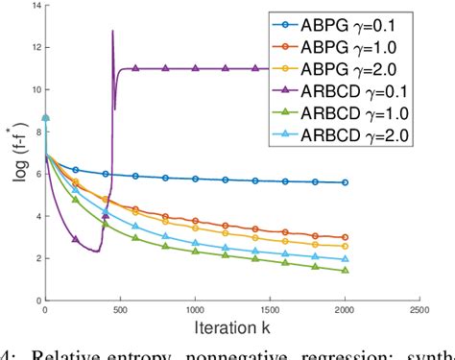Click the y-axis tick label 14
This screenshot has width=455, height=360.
coord(36,6)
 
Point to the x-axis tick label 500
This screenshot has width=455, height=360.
coord(120,311)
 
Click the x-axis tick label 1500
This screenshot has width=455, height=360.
coord(270,311)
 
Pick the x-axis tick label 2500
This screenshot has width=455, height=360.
coord(419,311)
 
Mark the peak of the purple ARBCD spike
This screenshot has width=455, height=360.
coord(112,31)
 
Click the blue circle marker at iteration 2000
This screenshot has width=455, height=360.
coord(345,182)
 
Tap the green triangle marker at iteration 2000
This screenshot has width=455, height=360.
coord(345,270)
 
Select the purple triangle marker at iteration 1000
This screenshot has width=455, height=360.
coord(195,68)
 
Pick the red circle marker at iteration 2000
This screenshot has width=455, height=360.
coord(345,237)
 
